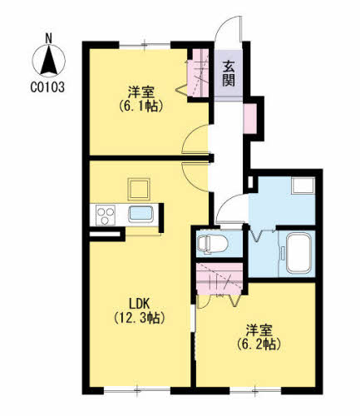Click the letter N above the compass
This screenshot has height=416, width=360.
coord(49,38)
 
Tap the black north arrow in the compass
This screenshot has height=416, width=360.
coord(49,61)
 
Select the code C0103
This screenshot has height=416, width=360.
coord(47,87)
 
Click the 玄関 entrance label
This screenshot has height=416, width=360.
coord(229,73)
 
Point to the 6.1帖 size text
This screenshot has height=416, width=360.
coord(141,106)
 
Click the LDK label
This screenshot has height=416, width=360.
coord(140,304)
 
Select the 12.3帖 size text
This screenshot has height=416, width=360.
coord(140,318)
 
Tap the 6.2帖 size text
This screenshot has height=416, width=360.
coord(259,344)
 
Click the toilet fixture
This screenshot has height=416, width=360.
coord(213,245)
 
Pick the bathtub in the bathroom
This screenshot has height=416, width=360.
coord(298,253)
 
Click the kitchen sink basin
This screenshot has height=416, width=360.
coord(141,215)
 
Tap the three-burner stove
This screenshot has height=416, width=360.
coord(106,215)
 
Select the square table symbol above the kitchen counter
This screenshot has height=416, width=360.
coord(139,190)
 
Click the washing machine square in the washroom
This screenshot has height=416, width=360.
coord(303,186)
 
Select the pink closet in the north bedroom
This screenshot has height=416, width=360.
coord(198,73)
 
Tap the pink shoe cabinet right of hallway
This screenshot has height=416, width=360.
coord(250,118)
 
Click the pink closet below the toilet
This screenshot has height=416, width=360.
coord(219,278)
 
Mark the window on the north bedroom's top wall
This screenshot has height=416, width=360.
coord(145,44)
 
